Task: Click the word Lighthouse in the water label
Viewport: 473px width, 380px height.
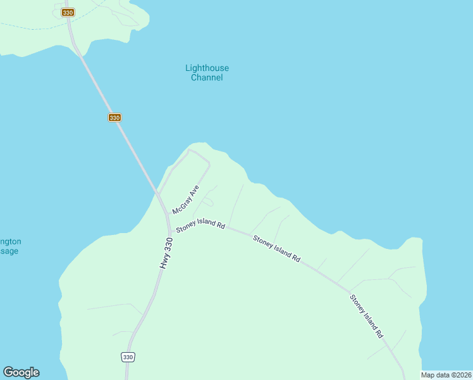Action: [x=207, y=68]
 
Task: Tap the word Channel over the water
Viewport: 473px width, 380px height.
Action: [x=207, y=77]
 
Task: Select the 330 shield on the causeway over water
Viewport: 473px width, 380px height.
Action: [x=114, y=117]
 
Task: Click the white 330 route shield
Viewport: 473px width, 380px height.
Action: [x=128, y=357]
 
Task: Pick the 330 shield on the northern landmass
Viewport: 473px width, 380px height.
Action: [x=68, y=12]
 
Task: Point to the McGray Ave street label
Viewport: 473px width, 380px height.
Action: [x=186, y=199]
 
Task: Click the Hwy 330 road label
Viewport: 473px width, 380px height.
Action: [x=166, y=253]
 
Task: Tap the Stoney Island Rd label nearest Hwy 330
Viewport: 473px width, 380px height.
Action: [x=200, y=226]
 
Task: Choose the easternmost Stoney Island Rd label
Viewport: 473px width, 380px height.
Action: [x=367, y=315]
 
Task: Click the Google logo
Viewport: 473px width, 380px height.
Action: [x=21, y=372]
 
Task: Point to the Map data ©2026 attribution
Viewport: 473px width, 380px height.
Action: [x=446, y=375]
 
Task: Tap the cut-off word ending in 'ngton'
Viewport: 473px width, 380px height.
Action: [x=11, y=241]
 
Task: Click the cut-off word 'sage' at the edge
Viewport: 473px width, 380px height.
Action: [x=9, y=251]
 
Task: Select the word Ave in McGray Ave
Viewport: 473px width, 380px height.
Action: [x=193, y=192]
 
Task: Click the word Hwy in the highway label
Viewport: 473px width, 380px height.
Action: [x=163, y=262]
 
